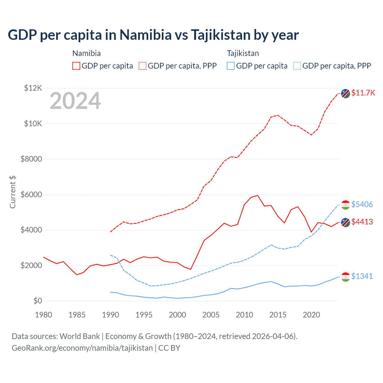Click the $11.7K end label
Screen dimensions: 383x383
pos(363,93)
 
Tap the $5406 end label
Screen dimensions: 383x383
pos(362,204)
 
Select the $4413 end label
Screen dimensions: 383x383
pos(362,222)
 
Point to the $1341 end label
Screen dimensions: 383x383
pos(362,276)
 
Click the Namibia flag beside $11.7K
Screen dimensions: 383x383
pos(346,93)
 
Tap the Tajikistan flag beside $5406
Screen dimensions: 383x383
pos(346,205)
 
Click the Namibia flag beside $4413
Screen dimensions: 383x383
pos(346,223)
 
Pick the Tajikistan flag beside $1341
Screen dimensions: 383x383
pos(346,277)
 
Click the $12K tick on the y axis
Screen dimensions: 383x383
pos(33,88)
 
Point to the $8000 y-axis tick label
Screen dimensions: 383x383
pos(31,159)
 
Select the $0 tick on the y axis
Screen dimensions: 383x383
pos(37,301)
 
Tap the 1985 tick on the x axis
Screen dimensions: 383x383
pos(77,315)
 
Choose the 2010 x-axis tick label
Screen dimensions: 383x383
pos(244,315)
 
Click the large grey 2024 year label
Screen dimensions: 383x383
pos(75,101)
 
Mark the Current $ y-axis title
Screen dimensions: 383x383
pos(13,192)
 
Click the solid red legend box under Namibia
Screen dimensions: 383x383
pos(76,66)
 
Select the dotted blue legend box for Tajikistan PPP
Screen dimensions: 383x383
pos(297,66)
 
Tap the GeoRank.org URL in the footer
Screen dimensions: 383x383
pos(82,348)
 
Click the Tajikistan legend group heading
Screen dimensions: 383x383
pos(243,53)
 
